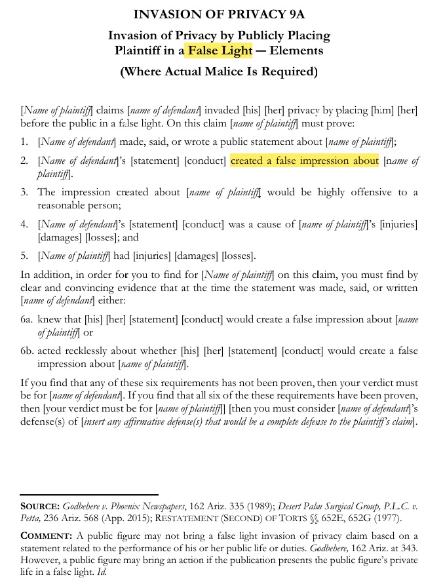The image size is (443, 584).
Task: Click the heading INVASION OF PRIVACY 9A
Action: pos(218,14)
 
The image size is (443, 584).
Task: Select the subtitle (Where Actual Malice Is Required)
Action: pos(219,71)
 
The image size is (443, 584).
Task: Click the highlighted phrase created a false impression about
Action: pos(305,161)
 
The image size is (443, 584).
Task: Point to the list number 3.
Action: pos(24,192)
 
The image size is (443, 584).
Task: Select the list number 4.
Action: pos(24,225)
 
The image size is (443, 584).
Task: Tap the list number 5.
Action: pos(24,256)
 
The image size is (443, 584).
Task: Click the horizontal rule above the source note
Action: pos(89,494)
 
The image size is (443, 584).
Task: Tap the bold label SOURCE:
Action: pos(41,507)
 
